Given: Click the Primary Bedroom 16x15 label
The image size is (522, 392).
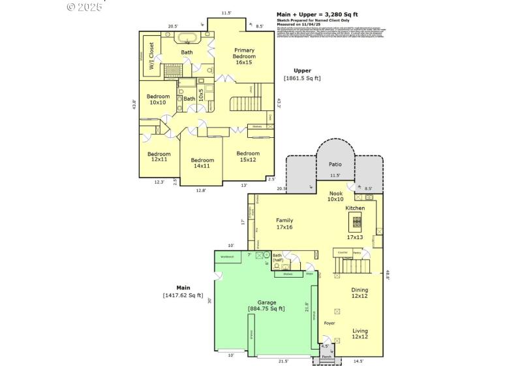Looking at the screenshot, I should [x=245, y=57].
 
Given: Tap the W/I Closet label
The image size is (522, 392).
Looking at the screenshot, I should [x=151, y=56].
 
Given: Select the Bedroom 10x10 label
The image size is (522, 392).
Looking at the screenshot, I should [x=158, y=99].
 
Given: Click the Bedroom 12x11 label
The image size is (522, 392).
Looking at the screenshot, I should [x=158, y=157].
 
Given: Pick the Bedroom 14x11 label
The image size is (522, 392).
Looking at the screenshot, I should [x=202, y=163].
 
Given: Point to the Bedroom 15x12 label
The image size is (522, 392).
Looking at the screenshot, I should [x=248, y=157].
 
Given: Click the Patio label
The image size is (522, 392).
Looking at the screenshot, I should [x=335, y=165].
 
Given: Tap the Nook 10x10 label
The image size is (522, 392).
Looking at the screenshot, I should [x=335, y=196].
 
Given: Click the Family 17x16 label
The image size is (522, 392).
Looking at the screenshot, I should [x=284, y=224].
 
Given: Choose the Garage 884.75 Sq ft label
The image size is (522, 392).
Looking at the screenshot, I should [x=266, y=306].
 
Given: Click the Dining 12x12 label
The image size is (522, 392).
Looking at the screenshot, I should [x=360, y=293].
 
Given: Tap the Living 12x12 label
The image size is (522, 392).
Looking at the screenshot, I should [x=360, y=334].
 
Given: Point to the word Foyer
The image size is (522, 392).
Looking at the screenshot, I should [x=330, y=323].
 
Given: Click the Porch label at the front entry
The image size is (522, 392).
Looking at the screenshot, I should [x=326, y=357].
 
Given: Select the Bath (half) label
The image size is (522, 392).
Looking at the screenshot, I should [x=278, y=258].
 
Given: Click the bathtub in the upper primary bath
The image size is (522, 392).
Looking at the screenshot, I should [x=187, y=37].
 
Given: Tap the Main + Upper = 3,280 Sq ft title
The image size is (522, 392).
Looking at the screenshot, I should [x=317, y=14].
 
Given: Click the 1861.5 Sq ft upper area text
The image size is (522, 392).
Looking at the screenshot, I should [x=302, y=78].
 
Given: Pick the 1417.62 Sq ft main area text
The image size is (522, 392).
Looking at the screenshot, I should [x=183, y=295].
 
